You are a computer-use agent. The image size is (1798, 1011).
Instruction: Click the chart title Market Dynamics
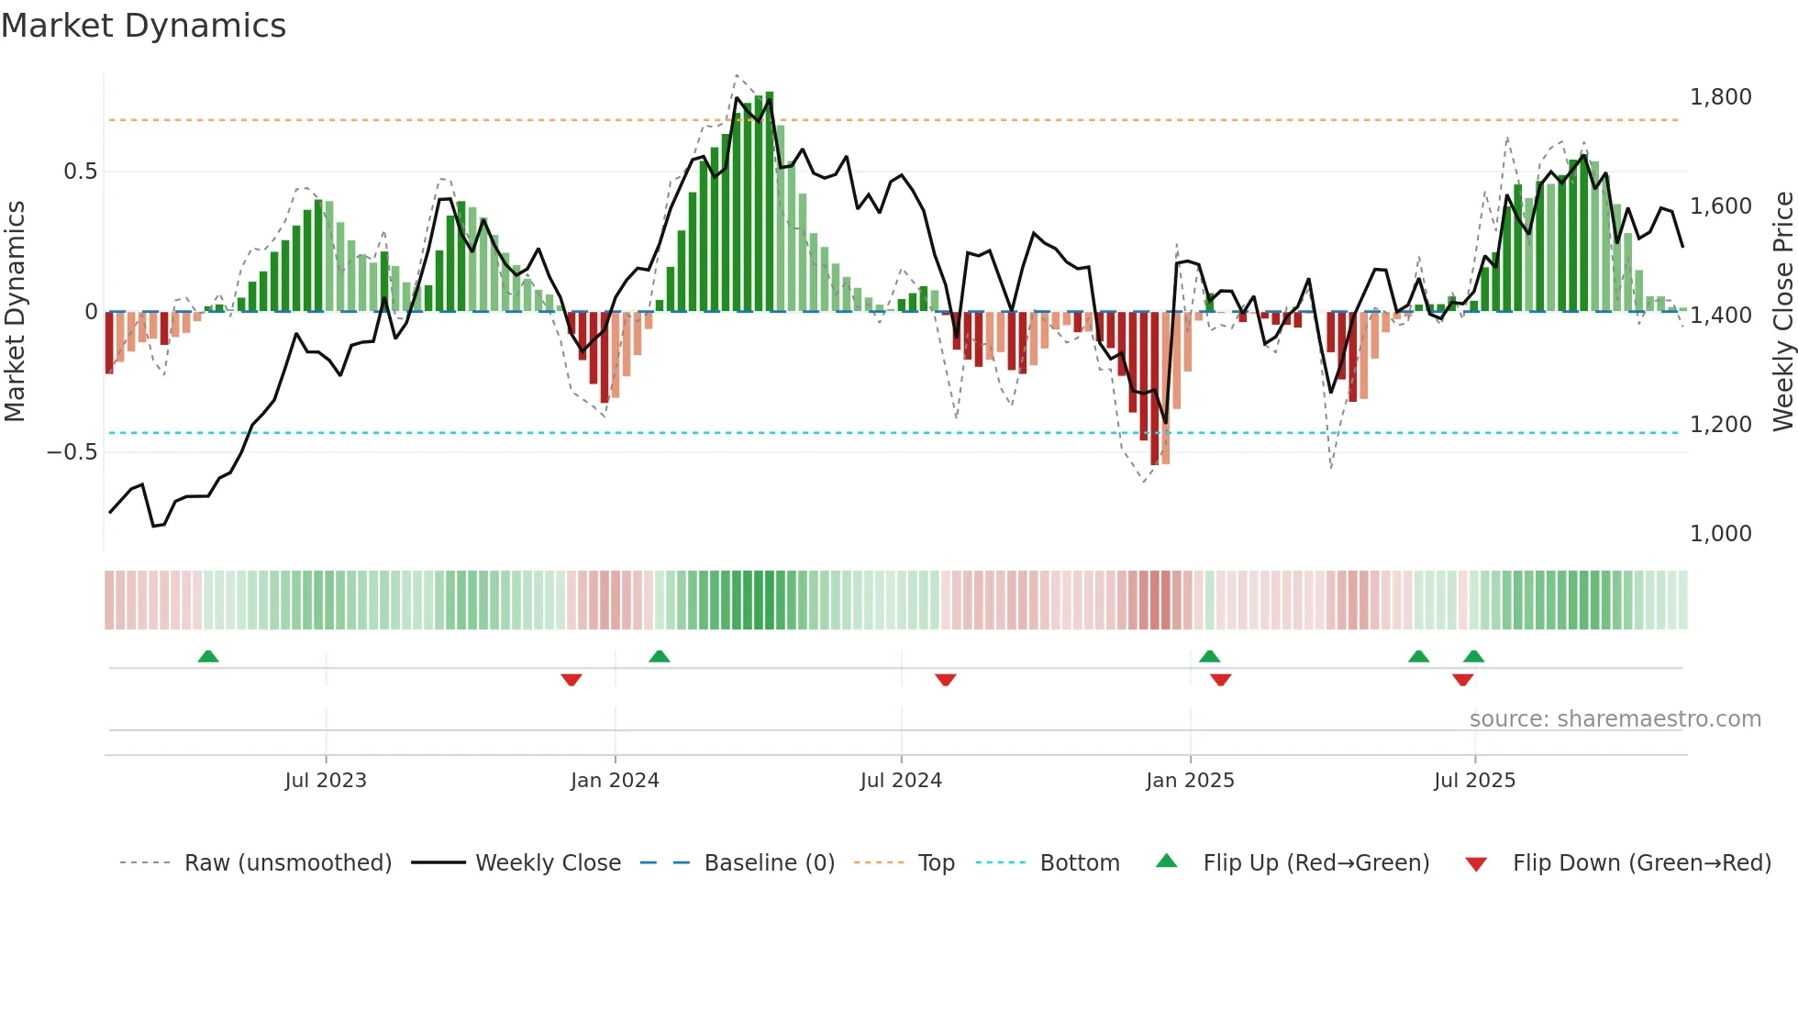pyautogui.click(x=143, y=26)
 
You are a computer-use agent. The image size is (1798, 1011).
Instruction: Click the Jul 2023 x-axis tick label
pyautogui.click(x=326, y=781)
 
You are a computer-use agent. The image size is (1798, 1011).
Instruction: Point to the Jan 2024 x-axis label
pyautogui.click(x=615, y=781)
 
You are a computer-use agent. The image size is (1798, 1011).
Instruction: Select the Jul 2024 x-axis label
pyautogui.click(x=901, y=781)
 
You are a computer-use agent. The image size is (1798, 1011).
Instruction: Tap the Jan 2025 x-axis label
pyautogui.click(x=1190, y=781)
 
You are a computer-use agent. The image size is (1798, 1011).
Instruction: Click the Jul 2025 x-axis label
pyautogui.click(x=1474, y=781)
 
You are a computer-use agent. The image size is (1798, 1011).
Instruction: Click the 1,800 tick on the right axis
pyautogui.click(x=1720, y=97)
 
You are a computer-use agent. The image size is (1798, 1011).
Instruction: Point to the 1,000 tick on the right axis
pyautogui.click(x=1720, y=534)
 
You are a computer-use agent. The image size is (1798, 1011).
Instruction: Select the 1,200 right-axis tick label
pyautogui.click(x=1720, y=425)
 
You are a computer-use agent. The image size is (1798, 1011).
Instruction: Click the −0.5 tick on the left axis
pyautogui.click(x=72, y=452)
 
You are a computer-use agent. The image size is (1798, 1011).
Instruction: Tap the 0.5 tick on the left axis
pyautogui.click(x=80, y=172)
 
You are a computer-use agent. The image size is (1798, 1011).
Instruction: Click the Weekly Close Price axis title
pyautogui.click(x=1782, y=312)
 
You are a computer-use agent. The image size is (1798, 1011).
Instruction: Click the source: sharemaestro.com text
pyautogui.click(x=1615, y=719)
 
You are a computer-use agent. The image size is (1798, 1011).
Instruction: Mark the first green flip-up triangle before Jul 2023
pyautogui.click(x=208, y=656)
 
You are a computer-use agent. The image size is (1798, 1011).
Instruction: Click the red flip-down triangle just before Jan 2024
pyautogui.click(x=572, y=680)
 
